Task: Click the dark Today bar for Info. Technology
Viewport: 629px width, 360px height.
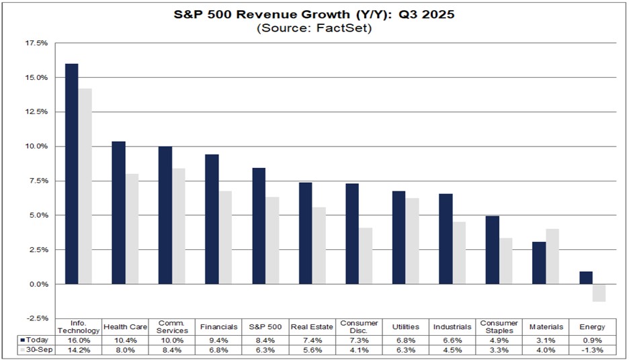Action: [71, 174]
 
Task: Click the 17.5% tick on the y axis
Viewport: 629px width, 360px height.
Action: [38, 43]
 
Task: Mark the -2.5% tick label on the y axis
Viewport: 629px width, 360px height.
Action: [38, 318]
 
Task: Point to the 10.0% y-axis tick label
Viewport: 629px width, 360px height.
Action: [38, 146]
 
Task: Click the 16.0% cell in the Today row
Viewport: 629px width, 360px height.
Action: [79, 340]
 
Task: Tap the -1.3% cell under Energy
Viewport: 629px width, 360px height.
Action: [591, 350]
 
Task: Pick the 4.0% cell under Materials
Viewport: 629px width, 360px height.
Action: [545, 350]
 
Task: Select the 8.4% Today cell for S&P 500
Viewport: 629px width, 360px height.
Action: [265, 340]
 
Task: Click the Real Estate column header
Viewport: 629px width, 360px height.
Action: [312, 327]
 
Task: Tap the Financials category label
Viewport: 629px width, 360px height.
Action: [219, 327]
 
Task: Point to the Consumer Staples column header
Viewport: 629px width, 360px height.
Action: [498, 327]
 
